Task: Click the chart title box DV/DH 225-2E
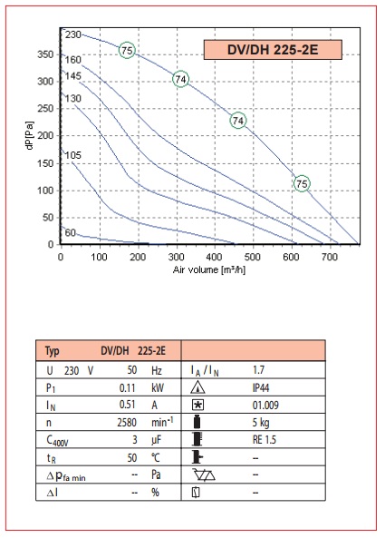273,50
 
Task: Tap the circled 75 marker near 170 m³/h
127,51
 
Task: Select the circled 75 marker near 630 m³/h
302,183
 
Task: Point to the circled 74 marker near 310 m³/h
180,79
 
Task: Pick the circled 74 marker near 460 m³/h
238,121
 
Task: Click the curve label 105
73,155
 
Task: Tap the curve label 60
71,232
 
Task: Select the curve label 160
73,60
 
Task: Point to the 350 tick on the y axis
45,54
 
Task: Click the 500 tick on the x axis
254,257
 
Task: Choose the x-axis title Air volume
209,269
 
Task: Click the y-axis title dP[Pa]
30,135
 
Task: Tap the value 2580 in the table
127,423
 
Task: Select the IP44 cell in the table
261,387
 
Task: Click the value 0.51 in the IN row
128,405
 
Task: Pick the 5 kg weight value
261,423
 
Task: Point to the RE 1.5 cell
265,440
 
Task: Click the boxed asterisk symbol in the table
197,406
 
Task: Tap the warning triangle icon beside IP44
197,387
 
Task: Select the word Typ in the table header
52,351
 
